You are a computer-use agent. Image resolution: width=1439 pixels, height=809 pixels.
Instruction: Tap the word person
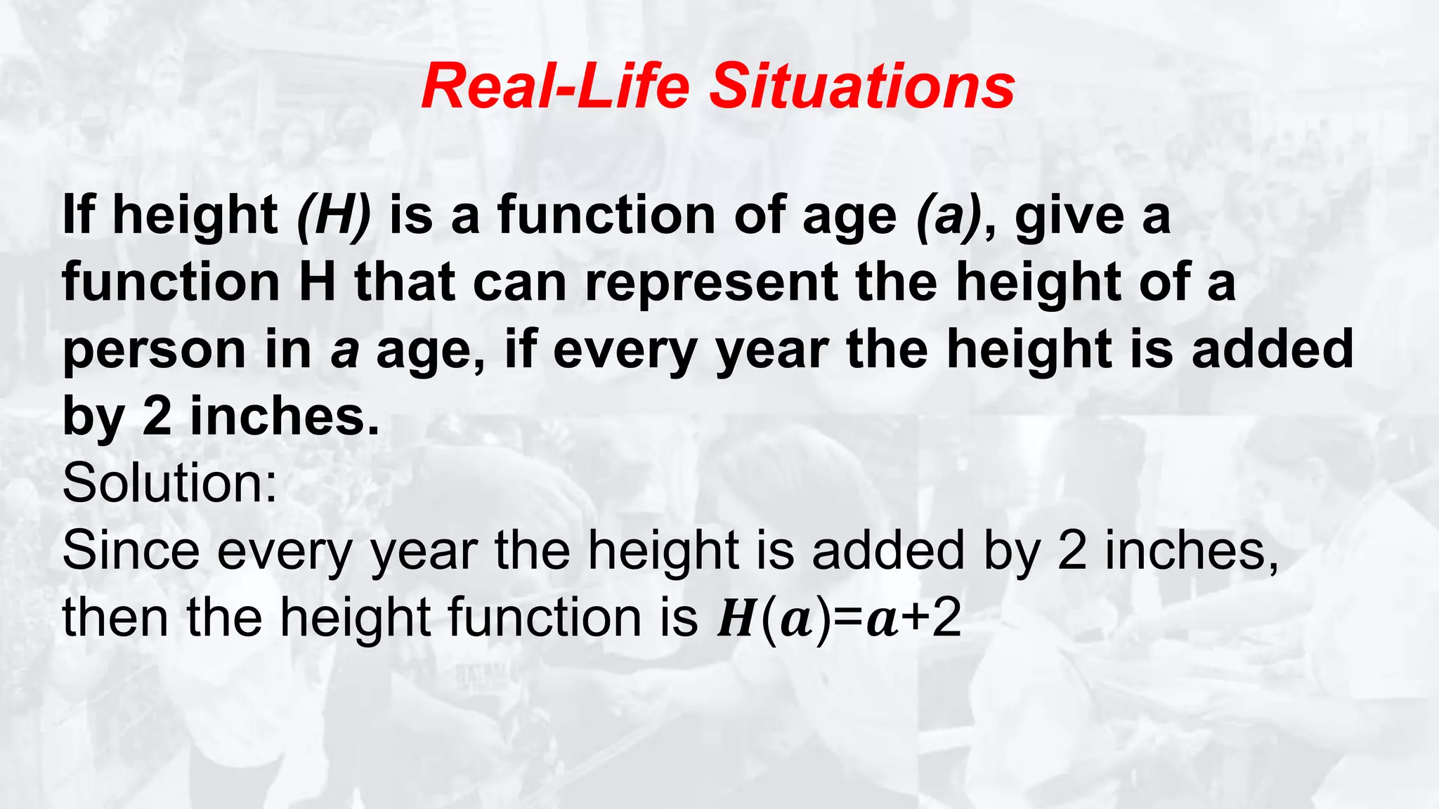(x=154, y=350)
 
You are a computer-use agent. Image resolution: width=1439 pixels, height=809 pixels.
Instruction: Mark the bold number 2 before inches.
(x=157, y=416)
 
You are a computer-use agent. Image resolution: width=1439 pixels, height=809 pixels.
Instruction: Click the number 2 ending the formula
(x=946, y=619)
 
